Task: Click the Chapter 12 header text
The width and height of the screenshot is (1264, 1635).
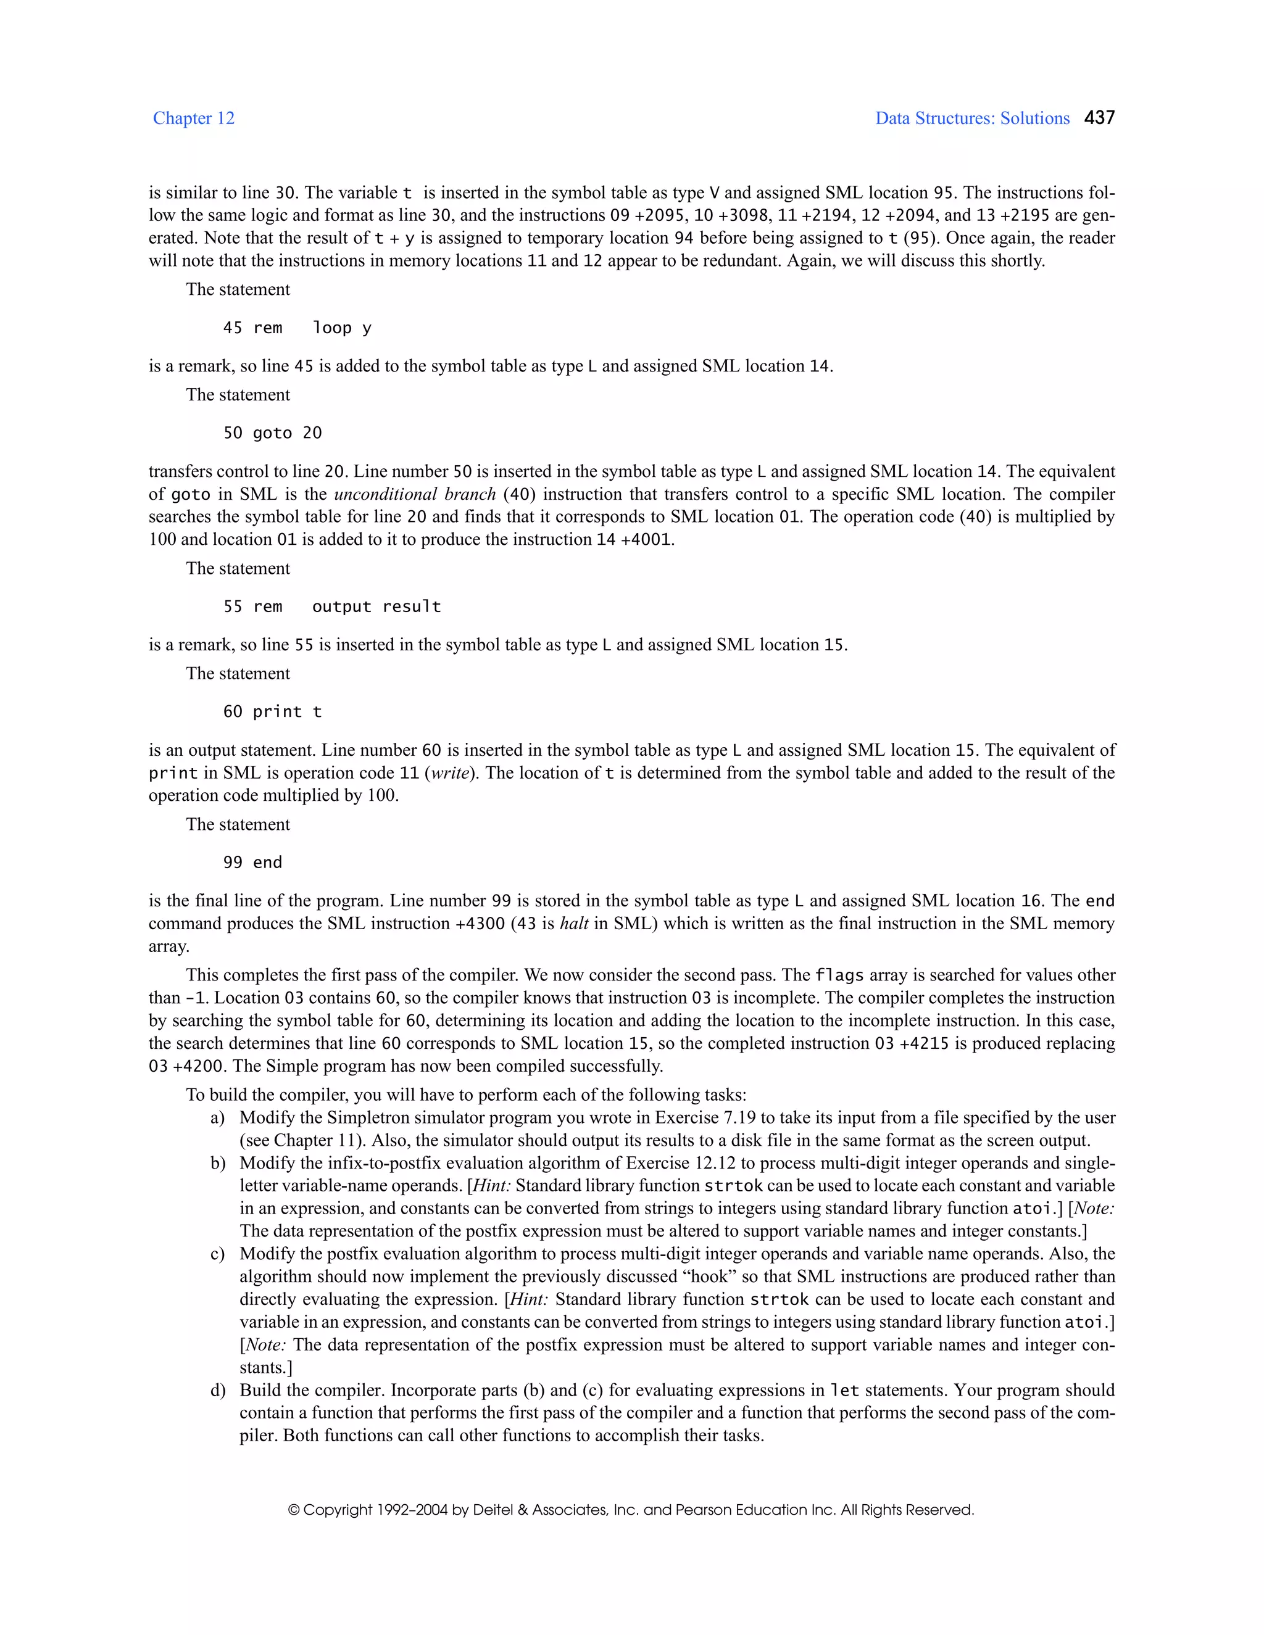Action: (193, 118)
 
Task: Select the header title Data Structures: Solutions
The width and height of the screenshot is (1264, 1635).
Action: (972, 118)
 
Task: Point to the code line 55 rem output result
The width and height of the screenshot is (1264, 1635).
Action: (331, 606)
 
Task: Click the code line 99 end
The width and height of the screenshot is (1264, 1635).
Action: (252, 863)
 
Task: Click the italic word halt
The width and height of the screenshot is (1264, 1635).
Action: (573, 924)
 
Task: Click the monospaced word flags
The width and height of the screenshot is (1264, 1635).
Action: (839, 975)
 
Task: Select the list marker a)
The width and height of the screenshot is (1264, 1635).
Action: (217, 1118)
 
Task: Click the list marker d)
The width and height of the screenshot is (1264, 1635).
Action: (217, 1390)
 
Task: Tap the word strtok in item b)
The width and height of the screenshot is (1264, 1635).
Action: (733, 1186)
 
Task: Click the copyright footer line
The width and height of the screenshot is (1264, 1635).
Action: (631, 1510)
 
